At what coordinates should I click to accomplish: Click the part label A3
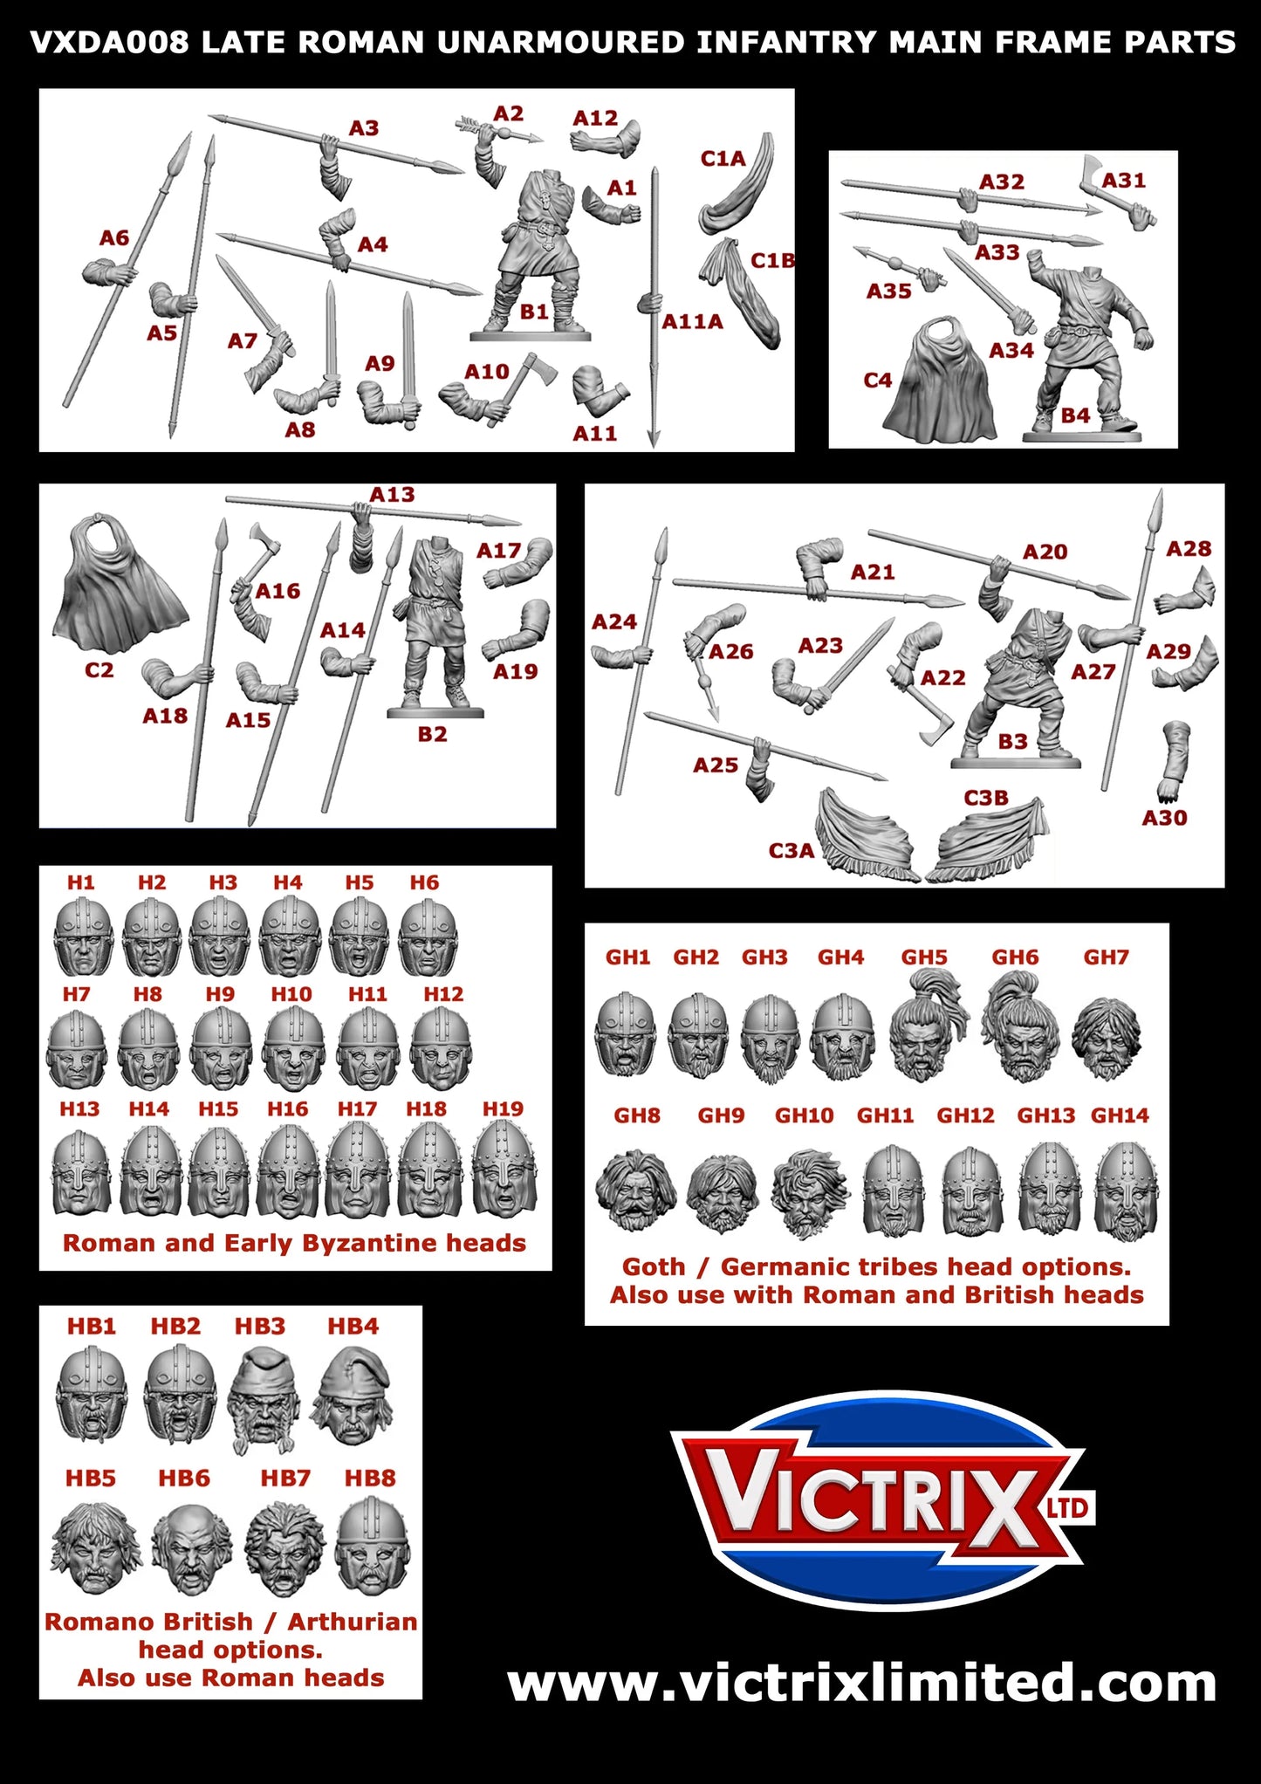pyautogui.click(x=364, y=128)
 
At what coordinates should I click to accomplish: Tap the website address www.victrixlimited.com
pyautogui.click(x=861, y=1683)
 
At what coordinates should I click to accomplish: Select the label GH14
pyautogui.click(x=1120, y=1115)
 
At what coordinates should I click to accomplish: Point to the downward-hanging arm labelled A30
pyautogui.click(x=1174, y=759)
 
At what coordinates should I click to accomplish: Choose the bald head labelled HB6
pyautogui.click(x=191, y=1547)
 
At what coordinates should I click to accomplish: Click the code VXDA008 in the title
pyautogui.click(x=109, y=42)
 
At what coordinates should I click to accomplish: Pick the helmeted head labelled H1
pyautogui.click(x=83, y=937)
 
